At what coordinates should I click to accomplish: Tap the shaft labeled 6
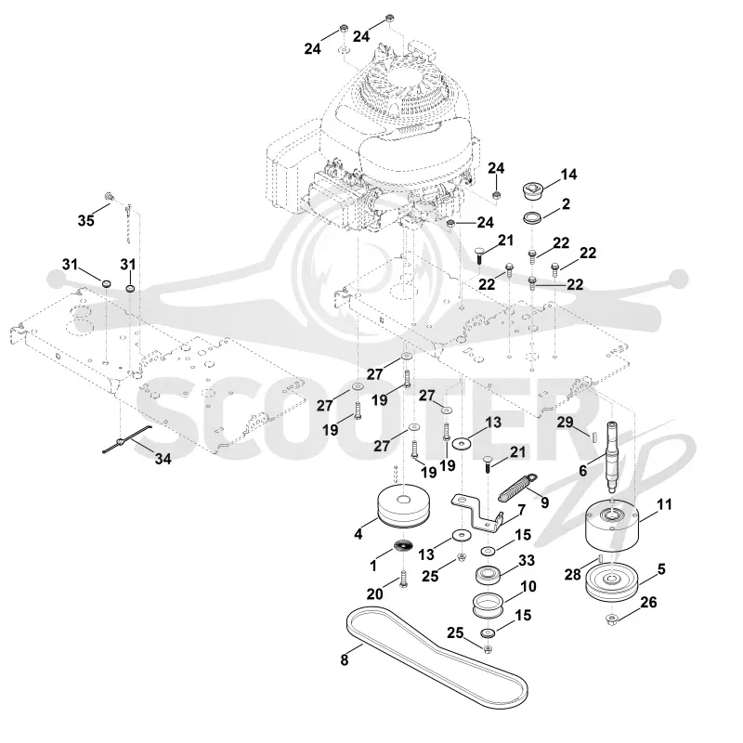click(613, 457)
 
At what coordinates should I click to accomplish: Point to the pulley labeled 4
click(403, 507)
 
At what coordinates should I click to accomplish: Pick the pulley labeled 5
click(612, 582)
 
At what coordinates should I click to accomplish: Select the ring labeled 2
click(532, 219)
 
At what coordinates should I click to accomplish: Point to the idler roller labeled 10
click(488, 606)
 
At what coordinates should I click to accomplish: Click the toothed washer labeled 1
click(403, 545)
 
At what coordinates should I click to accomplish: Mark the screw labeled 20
click(403, 579)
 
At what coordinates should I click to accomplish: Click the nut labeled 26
click(611, 619)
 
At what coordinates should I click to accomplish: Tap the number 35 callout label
click(85, 220)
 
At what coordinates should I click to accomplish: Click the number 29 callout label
click(565, 422)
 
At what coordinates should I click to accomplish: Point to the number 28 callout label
click(572, 575)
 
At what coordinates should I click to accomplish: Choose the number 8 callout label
click(345, 659)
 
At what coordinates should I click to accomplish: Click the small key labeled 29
click(593, 437)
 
